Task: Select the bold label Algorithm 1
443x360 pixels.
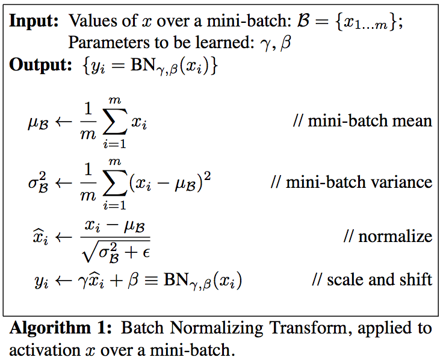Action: (63, 329)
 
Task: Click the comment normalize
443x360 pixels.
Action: (388, 236)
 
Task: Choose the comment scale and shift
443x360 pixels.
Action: (372, 279)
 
